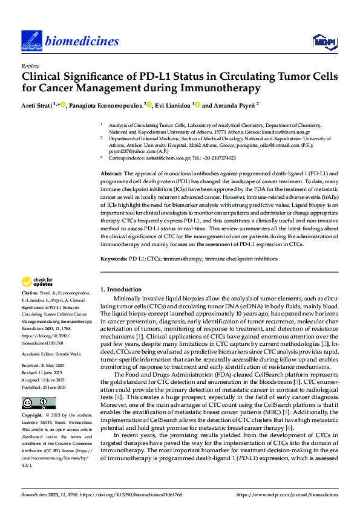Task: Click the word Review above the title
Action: point(29,66)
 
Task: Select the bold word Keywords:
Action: point(114,259)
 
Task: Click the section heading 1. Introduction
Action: point(121,290)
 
